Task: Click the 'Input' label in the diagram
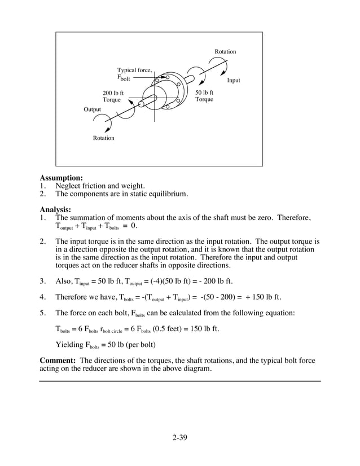tap(233, 81)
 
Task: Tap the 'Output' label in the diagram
tap(93, 109)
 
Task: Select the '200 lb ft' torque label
tap(113, 93)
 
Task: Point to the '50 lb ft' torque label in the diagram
tap(204, 93)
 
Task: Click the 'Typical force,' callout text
tap(134, 70)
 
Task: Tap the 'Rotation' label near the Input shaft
tap(225, 52)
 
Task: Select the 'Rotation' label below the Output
tap(103, 138)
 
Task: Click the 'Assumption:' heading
tap(61, 178)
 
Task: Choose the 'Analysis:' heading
tap(55, 209)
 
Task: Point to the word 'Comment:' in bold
tap(59, 361)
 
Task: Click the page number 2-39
tap(179, 437)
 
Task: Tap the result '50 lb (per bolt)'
tap(128, 345)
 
